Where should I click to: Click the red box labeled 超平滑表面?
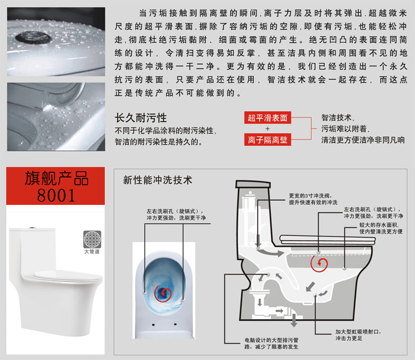click(x=267, y=118)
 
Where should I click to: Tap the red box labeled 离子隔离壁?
click(x=267, y=140)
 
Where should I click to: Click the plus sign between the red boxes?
click(x=268, y=129)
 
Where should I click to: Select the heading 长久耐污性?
click(x=141, y=118)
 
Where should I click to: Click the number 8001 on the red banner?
click(x=56, y=196)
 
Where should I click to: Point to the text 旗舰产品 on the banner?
click(x=57, y=178)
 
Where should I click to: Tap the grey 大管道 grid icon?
click(x=92, y=239)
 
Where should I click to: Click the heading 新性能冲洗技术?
click(x=157, y=180)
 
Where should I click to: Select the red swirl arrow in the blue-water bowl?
click(x=163, y=293)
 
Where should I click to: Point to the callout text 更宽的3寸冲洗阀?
click(x=310, y=196)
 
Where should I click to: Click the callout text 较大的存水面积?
click(x=379, y=225)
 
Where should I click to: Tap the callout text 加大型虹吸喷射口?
click(x=358, y=331)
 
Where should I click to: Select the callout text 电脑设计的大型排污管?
click(x=271, y=340)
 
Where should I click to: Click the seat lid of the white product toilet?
click(x=68, y=275)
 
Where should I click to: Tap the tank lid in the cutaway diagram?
click(x=253, y=184)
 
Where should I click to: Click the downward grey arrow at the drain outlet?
click(x=294, y=320)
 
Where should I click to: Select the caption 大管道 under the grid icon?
click(x=92, y=252)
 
